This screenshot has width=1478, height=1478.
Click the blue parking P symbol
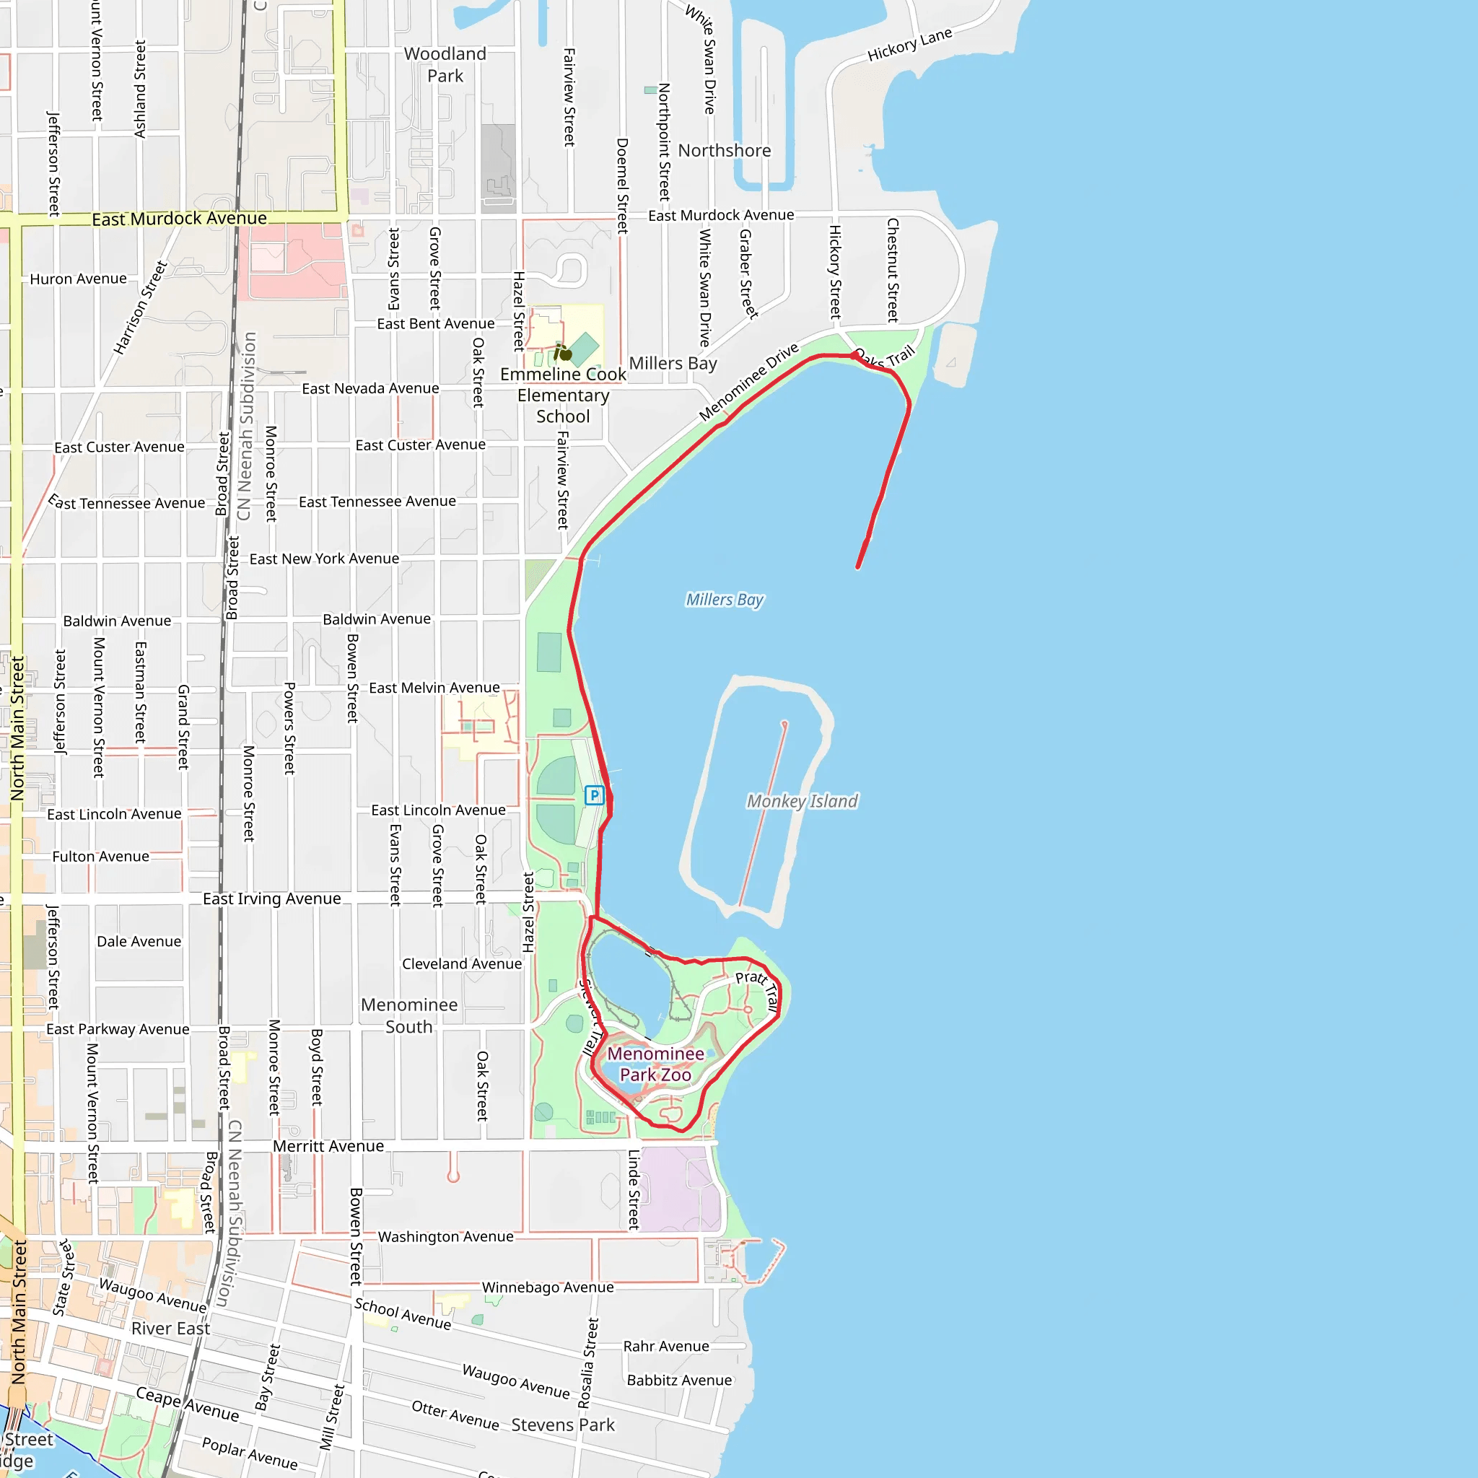pos(594,795)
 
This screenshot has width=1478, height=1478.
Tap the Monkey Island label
pos(802,801)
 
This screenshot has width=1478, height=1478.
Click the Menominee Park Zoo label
pos(655,1064)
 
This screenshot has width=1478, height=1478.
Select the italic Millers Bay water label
pos(724,600)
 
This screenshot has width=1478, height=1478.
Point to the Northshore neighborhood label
pos(724,151)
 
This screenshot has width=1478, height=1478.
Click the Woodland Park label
pos(445,65)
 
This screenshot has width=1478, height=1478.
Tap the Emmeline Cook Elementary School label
pos(563,395)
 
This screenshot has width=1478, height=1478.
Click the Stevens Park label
pos(563,1425)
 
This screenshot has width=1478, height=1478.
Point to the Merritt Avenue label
pos(328,1146)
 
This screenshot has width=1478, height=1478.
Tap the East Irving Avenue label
pos(271,899)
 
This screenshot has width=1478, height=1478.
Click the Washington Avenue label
pos(445,1237)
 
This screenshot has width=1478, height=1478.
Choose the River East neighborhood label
pos(170,1329)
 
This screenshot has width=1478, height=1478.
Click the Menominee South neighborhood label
pos(409,1015)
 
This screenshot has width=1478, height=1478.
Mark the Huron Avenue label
pos(78,279)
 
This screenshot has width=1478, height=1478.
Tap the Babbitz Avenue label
pos(679,1380)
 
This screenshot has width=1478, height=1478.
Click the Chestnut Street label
pos(892,270)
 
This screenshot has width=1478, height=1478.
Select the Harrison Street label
pos(140,307)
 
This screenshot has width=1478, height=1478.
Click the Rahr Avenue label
pos(665,1347)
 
